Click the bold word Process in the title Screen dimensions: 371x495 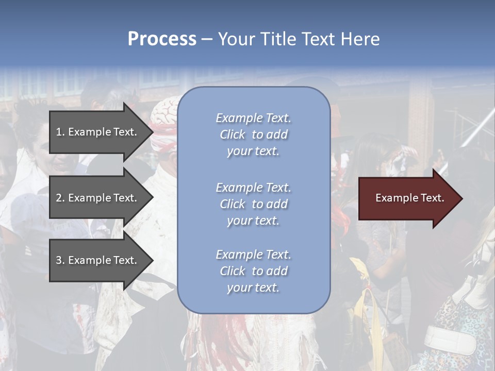[x=162, y=39]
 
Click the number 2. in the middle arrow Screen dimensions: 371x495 [x=60, y=198]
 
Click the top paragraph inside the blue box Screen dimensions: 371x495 [x=253, y=134]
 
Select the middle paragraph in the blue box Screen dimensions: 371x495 [x=253, y=204]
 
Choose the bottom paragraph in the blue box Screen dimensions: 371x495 [x=253, y=271]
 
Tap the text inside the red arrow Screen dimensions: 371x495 [x=409, y=198]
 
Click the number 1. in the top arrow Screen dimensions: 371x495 [x=60, y=132]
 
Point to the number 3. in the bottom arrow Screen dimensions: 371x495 [x=60, y=260]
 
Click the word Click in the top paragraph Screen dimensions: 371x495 [x=233, y=134]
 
